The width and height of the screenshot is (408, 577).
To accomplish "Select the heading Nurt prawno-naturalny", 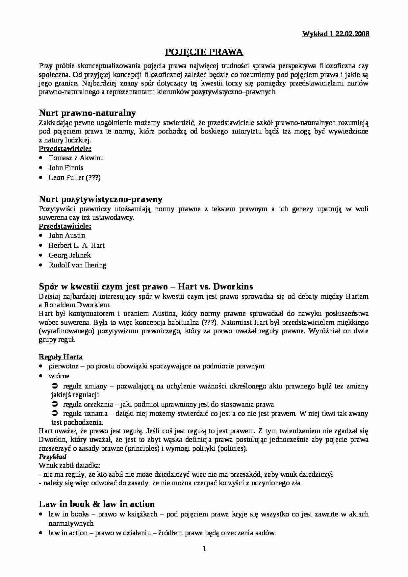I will click(87, 113).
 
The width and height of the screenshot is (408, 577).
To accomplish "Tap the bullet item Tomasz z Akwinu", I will click(76, 158).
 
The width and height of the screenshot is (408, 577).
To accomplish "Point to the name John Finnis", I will click(66, 168).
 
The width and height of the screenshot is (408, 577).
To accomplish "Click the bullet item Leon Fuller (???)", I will click(74, 178).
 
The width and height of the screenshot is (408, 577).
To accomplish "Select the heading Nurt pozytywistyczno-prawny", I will click(101, 199).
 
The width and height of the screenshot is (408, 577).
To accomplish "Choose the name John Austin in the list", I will click(67, 236).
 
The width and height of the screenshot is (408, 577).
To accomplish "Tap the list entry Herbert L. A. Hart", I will click(76, 245).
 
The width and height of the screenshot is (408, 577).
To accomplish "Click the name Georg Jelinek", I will click(69, 255).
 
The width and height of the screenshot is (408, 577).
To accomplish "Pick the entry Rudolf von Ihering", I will click(77, 265).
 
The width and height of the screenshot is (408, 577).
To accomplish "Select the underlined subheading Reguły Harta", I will click(61, 357).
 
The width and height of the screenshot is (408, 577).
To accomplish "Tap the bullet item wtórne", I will click(59, 376).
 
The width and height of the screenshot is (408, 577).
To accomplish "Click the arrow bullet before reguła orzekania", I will click(55, 404).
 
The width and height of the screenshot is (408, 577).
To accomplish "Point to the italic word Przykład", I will click(53, 457).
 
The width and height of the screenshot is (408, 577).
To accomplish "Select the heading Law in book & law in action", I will click(97, 504).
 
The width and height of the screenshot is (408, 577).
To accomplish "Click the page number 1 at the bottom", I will click(204, 548).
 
